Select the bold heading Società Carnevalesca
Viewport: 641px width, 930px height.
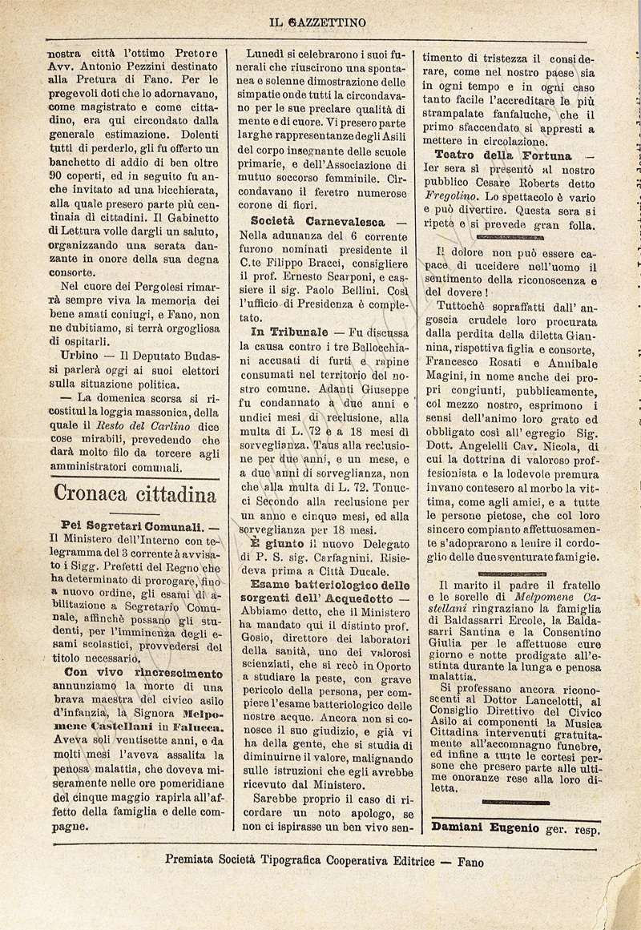(317, 221)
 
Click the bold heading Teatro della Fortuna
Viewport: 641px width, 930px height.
(502, 155)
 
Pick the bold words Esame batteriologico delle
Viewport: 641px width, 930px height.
(329, 585)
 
